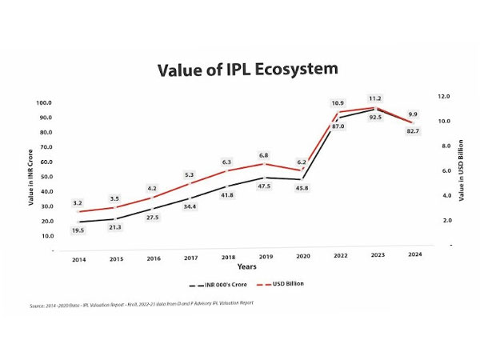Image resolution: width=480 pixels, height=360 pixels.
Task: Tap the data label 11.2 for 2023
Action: [x=375, y=98]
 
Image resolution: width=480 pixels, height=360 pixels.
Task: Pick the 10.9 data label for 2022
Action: [x=338, y=103]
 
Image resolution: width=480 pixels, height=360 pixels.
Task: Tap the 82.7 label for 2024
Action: [x=413, y=130]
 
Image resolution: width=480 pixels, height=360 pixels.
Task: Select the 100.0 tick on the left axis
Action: [x=44, y=103]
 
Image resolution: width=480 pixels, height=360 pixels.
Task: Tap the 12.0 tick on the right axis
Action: [x=442, y=96]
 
